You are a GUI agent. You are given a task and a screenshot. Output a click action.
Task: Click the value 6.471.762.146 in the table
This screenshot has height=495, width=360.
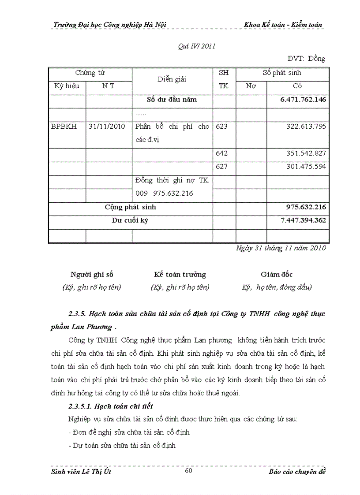click(303, 100)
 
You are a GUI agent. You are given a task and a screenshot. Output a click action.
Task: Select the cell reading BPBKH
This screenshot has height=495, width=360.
click(64, 127)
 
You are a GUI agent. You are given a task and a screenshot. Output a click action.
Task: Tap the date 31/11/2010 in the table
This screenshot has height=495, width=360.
click(107, 127)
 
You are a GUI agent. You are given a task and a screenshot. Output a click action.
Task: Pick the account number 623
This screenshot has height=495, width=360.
click(222, 127)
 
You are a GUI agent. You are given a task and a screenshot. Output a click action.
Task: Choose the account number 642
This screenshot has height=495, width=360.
click(222, 153)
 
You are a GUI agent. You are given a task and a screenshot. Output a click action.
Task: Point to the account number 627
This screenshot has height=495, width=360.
click(222, 167)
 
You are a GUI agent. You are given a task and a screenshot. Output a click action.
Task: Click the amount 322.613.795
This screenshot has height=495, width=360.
click(305, 127)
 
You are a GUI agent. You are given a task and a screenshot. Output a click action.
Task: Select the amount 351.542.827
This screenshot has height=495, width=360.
click(305, 153)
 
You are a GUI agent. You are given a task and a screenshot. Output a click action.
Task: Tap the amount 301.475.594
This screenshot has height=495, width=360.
click(305, 167)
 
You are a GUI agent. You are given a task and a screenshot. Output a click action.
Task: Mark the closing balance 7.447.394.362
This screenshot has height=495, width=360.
click(303, 220)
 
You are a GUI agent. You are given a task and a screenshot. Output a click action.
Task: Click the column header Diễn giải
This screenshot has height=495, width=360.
click(172, 79)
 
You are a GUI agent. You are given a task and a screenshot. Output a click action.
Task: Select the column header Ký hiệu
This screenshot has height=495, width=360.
click(67, 86)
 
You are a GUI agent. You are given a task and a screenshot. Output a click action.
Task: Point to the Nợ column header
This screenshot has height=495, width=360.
click(251, 86)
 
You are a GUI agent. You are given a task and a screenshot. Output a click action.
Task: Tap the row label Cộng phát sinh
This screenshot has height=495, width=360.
click(130, 207)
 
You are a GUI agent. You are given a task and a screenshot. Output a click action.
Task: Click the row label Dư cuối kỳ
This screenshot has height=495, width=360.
click(130, 220)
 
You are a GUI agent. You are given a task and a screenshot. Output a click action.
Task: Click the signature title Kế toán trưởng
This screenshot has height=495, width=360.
click(180, 275)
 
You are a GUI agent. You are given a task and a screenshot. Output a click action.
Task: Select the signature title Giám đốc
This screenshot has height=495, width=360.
click(277, 275)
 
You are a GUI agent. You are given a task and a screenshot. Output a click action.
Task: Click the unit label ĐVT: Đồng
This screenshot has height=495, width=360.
click(306, 59)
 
